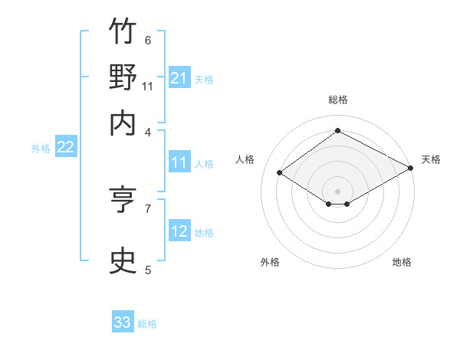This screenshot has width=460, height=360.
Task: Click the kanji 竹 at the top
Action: [123, 31]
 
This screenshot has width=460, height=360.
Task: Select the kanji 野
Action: [123, 77]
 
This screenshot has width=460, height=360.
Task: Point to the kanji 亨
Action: [123, 199]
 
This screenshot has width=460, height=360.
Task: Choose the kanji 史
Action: [123, 260]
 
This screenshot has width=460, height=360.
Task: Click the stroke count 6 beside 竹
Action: [148, 40]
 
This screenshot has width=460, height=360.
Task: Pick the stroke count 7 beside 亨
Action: [148, 209]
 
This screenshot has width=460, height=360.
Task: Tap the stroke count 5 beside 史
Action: [148, 270]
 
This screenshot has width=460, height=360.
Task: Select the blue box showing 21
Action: [179, 77]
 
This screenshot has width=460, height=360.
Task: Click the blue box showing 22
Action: [66, 146]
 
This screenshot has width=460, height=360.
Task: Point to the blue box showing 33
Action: [123, 321]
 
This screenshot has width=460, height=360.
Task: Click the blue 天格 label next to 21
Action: [204, 80]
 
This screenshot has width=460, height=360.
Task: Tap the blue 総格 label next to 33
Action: [147, 324]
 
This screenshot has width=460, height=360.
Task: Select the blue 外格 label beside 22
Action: [41, 149]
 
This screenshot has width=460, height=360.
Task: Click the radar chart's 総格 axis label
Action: [338, 100]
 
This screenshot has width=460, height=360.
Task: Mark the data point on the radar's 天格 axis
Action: [411, 168]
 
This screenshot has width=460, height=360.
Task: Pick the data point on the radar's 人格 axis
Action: [280, 172]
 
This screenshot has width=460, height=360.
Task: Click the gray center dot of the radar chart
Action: [337, 191]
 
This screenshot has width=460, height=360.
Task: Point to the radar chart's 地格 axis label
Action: [402, 262]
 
